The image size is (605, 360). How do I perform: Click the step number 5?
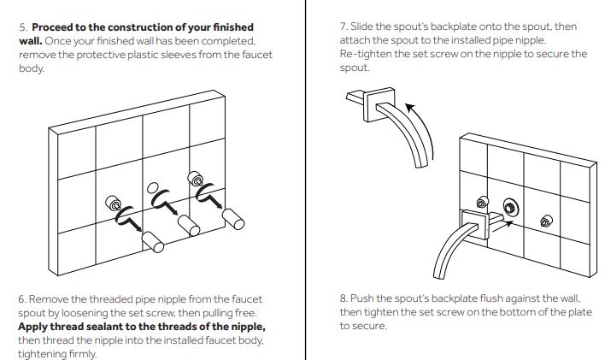(21, 27)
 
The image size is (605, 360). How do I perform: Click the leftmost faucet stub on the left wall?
(113, 204)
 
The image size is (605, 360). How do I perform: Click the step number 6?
(21, 299)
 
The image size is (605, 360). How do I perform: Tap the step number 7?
(343, 27)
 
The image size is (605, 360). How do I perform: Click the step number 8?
(343, 299)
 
